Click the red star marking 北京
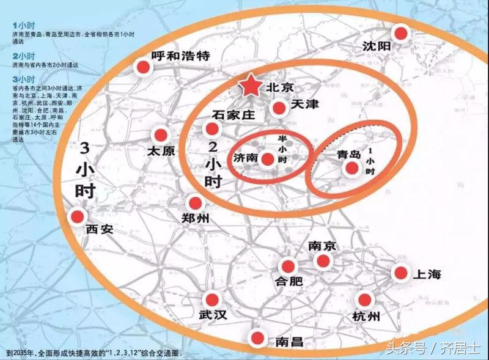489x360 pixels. click(x=251, y=87)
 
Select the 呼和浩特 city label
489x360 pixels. click(x=180, y=56)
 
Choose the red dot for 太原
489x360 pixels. click(x=161, y=134)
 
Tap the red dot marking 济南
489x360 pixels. click(x=267, y=160)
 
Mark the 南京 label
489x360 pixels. click(x=322, y=246)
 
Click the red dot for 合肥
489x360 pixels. click(x=287, y=266)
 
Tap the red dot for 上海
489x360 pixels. click(x=400, y=273)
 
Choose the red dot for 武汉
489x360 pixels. click(x=212, y=299)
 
